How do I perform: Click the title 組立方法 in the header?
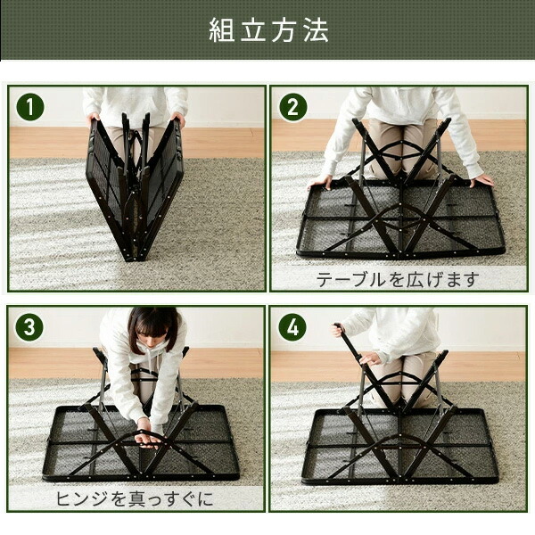[x=267, y=29]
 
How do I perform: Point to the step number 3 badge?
[x=30, y=327]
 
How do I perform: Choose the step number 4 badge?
[x=292, y=327]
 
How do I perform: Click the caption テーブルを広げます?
[x=398, y=279]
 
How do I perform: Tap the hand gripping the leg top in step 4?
[x=337, y=330]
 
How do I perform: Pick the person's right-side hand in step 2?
[x=482, y=180]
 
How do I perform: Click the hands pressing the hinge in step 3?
[x=148, y=437]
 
